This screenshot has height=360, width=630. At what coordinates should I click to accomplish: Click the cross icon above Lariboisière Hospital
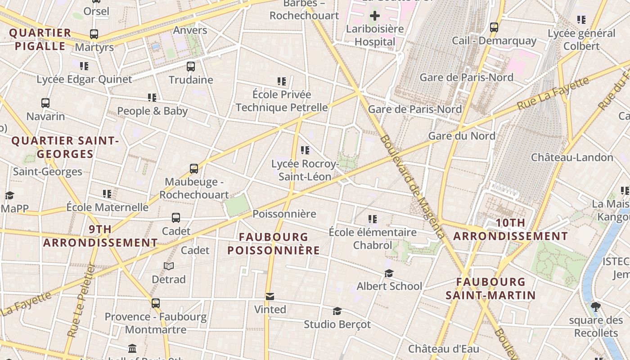(374, 16)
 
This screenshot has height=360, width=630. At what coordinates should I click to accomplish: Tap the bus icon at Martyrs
(94, 34)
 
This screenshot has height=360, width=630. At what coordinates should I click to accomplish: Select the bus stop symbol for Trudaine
(191, 67)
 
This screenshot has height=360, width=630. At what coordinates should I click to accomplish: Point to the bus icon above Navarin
(45, 103)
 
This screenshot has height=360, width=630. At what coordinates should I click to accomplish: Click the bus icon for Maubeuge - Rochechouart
(194, 169)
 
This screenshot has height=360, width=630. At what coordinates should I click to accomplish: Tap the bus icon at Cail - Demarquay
(494, 27)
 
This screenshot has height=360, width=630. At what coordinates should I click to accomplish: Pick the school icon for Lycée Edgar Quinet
(84, 66)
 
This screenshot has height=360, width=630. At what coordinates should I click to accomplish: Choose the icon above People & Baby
(152, 98)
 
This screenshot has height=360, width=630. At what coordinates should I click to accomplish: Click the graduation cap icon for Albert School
(389, 273)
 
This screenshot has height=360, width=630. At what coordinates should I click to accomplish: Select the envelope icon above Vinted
(270, 297)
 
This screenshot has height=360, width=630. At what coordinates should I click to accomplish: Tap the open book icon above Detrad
(169, 266)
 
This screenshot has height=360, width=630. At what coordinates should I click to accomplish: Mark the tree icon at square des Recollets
(596, 307)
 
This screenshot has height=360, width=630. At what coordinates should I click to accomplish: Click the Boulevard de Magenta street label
(412, 187)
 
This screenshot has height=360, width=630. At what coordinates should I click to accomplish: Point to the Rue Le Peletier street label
(81, 301)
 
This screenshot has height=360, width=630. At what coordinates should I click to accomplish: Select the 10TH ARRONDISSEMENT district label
(510, 229)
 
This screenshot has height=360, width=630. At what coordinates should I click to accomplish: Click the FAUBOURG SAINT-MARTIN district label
(490, 288)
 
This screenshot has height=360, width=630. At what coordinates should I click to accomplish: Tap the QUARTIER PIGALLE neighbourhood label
(40, 39)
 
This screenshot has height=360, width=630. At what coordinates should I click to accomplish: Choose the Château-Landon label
(572, 157)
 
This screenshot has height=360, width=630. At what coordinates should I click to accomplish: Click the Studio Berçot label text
(337, 324)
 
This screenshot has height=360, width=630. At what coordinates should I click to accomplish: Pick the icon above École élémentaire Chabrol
(372, 219)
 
